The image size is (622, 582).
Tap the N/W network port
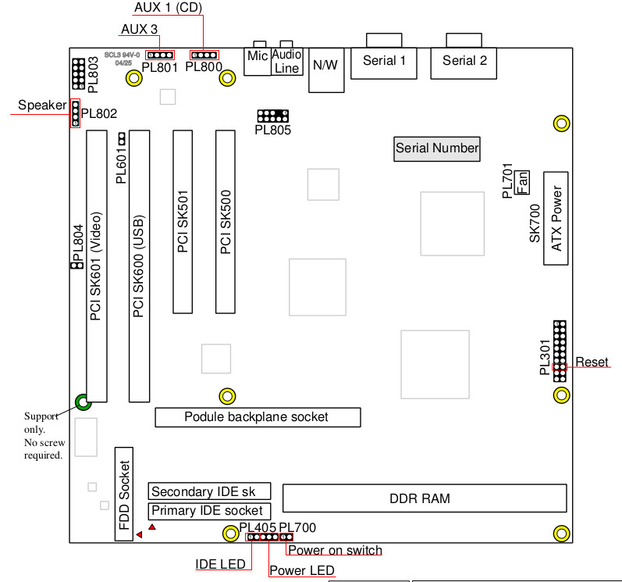coord(325,66)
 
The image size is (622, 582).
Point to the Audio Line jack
coord(287,62)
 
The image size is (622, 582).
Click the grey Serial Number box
coord(437,148)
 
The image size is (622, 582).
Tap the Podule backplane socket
coord(258,417)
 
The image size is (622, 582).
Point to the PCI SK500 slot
coord(226,222)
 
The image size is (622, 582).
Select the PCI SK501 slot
coord(183,222)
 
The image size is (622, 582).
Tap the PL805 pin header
coord(272,116)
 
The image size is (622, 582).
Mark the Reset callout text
coord(591,362)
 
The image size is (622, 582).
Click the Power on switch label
coord(335,551)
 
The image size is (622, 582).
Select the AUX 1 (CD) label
coord(167,8)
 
